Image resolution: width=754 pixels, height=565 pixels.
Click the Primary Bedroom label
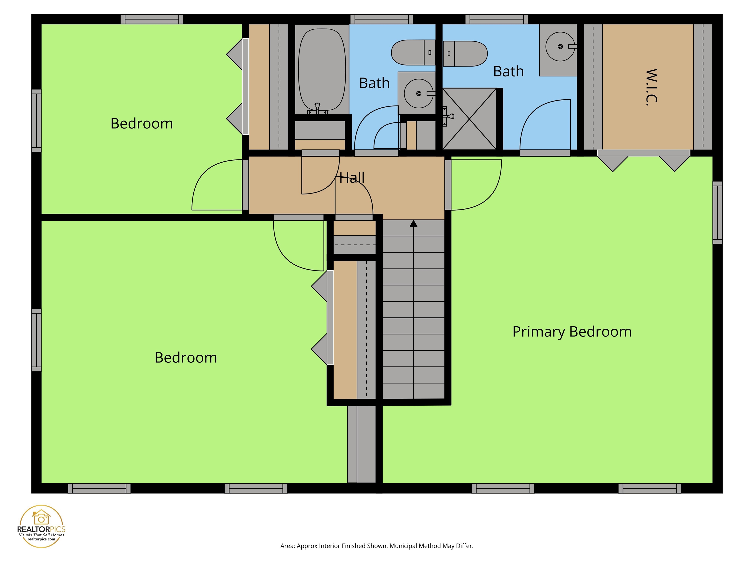click(x=572, y=332)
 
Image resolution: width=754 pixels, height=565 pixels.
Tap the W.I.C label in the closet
click(x=651, y=88)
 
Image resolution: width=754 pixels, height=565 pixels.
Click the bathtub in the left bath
click(x=322, y=70)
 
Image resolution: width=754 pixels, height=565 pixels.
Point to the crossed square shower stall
click(x=469, y=119)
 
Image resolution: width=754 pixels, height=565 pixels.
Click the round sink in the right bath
click(x=560, y=47)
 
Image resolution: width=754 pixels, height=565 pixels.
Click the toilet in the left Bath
click(x=413, y=52)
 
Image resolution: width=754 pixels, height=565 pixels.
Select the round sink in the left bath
click(x=418, y=93)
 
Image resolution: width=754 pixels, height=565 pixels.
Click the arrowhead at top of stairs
click(x=414, y=224)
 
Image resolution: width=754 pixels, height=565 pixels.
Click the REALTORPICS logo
click(x=41, y=526)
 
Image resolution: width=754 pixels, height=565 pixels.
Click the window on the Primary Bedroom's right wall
click(x=717, y=213)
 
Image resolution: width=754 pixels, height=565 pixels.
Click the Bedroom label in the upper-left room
click(x=141, y=124)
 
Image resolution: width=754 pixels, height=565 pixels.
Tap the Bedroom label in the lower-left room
click(x=186, y=358)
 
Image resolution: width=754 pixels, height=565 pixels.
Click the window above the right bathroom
click(x=496, y=19)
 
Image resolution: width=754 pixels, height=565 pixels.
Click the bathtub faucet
click(x=317, y=108)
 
